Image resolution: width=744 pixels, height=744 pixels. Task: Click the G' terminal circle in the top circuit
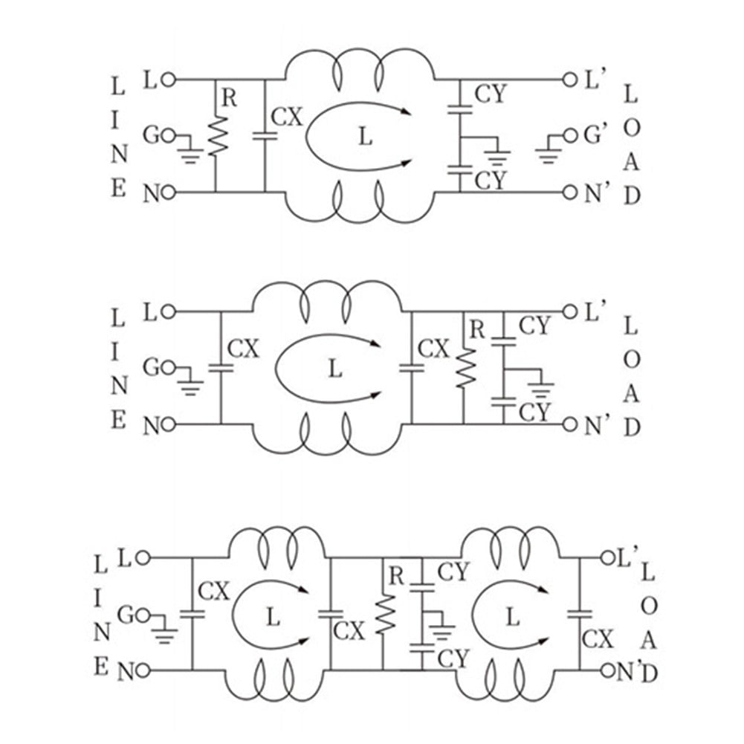click(571, 136)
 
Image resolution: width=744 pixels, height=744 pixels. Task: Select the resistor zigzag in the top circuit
click(217, 135)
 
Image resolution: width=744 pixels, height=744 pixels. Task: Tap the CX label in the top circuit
click(288, 117)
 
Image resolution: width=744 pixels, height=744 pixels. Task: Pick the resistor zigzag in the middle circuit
click(465, 366)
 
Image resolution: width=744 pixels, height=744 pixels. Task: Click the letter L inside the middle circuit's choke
click(335, 368)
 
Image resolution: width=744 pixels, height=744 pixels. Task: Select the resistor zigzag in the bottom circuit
click(383, 617)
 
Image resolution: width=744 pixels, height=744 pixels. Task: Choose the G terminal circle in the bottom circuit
click(145, 615)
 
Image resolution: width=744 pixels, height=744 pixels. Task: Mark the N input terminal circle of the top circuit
click(168, 193)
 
